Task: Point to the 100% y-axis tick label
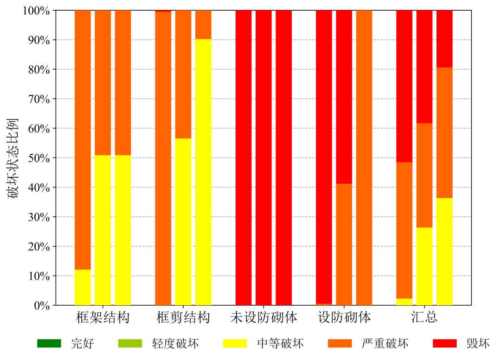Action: [x=35, y=11]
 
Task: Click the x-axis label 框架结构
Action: [x=103, y=318]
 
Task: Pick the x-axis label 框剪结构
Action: [x=183, y=318]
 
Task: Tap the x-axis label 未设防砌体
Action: [x=263, y=318]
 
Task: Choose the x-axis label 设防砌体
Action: [x=344, y=318]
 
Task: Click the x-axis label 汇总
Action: [x=424, y=318]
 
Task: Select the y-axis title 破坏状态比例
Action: [x=14, y=158]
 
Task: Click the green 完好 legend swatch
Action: [x=49, y=344]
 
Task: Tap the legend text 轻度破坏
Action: [x=175, y=344]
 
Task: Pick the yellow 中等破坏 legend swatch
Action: [x=235, y=344]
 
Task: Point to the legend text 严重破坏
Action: [x=385, y=344]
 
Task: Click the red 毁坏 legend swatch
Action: [x=444, y=344]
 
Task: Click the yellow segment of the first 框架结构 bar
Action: [x=83, y=288]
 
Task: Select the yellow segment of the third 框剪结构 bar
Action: [x=203, y=172]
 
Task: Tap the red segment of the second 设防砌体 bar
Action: [x=344, y=97]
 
